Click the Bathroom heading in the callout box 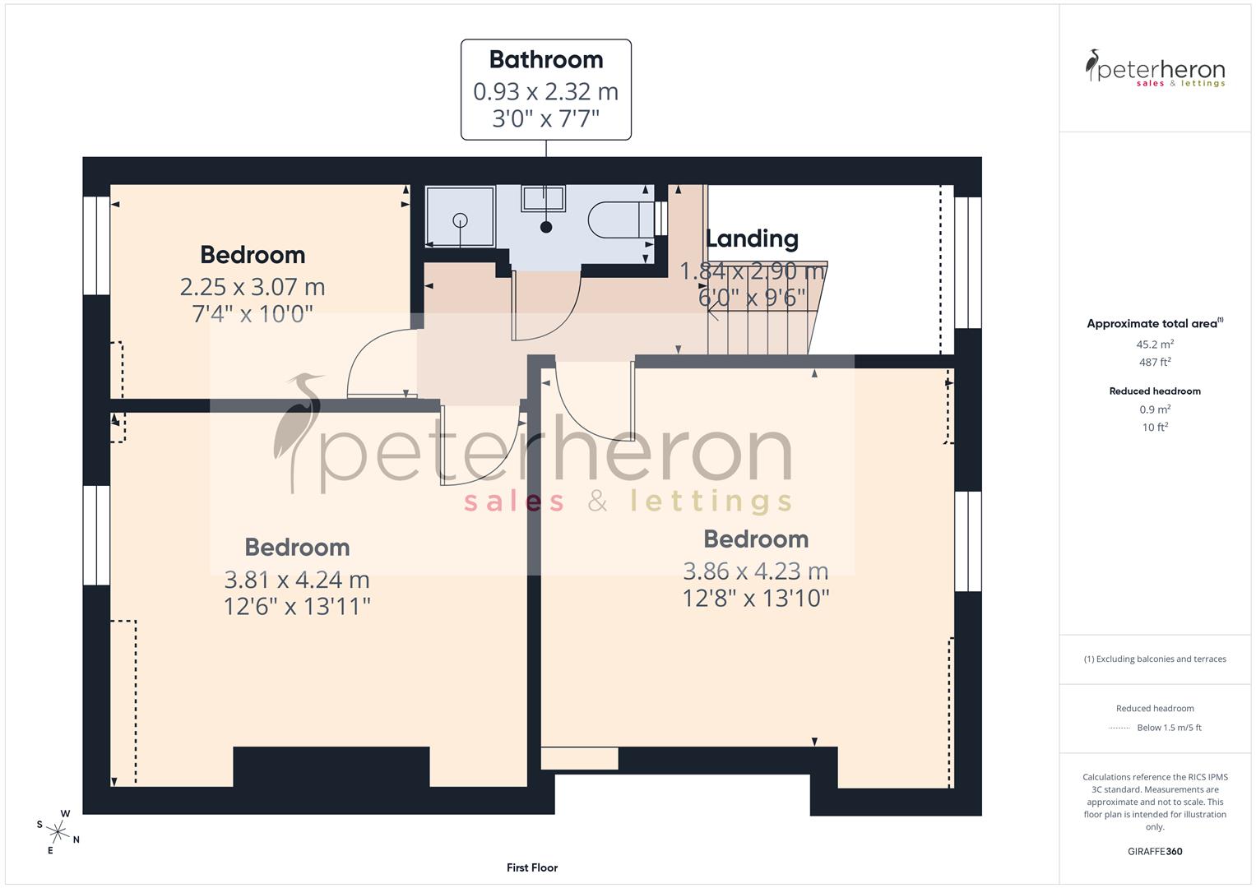tap(545, 59)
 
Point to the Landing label tap(752, 238)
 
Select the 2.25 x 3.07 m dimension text tap(253, 287)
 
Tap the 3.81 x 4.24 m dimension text tap(297, 580)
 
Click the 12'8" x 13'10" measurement tap(756, 598)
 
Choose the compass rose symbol tap(58, 830)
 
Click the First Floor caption tap(532, 867)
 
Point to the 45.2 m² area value tap(1155, 345)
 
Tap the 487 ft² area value tap(1155, 362)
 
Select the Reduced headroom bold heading tap(1155, 391)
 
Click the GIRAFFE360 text tap(1155, 851)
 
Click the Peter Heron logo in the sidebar tap(1155, 69)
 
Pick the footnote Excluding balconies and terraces tap(1155, 659)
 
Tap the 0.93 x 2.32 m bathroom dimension tap(545, 91)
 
